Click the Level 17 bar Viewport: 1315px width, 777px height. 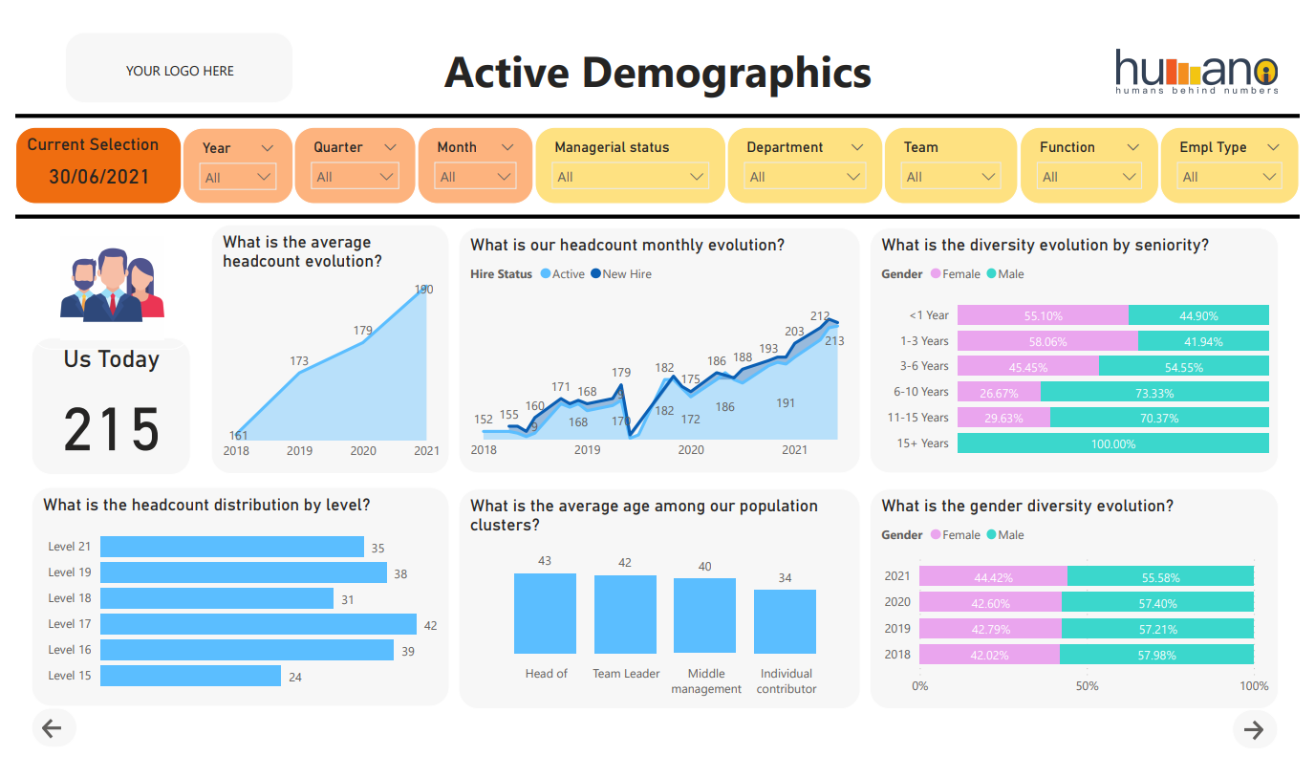(x=258, y=624)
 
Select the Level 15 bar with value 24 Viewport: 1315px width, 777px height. (x=190, y=676)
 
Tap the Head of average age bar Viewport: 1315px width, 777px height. (x=545, y=613)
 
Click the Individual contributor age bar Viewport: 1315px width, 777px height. (x=785, y=621)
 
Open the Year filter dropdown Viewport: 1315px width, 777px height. (x=238, y=177)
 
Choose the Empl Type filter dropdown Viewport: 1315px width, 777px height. (x=1229, y=177)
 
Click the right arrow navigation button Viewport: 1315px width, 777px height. (x=1254, y=730)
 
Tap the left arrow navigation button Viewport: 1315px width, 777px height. (x=53, y=729)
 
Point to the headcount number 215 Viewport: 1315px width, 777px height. (x=112, y=430)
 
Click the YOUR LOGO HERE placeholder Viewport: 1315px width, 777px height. (x=180, y=71)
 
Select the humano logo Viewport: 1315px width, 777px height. (x=1196, y=71)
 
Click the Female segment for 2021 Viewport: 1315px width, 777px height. (x=993, y=576)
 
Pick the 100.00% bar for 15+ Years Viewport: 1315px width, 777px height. (x=1112, y=443)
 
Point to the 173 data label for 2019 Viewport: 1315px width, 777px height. (x=299, y=361)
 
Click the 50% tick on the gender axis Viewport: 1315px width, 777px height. (x=1087, y=686)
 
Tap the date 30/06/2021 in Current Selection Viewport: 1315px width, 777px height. (x=98, y=177)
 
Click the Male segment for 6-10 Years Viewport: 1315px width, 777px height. (x=1154, y=392)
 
